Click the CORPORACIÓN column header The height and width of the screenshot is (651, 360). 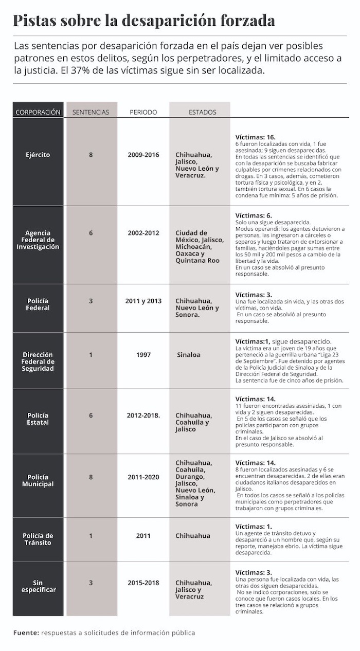pos(38,112)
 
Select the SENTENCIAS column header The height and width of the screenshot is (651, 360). pos(91,112)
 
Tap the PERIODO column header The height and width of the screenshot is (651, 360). pos(143,112)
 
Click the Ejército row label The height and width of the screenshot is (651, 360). pos(38,154)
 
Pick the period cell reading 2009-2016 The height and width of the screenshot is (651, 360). pos(143,154)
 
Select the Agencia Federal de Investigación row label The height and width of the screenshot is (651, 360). pos(38,240)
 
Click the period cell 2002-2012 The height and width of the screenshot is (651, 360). pos(143,233)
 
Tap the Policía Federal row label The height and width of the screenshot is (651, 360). pos(38,304)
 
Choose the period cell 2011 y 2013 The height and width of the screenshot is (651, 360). pos(143,301)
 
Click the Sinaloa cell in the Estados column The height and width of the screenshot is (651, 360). pos(188,355)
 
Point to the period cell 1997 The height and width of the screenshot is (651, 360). pos(143,355)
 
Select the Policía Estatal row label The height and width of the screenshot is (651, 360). pos(38,419)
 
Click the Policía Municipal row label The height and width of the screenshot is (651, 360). pos(38,480)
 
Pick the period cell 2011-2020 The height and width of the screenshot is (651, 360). pos(143,477)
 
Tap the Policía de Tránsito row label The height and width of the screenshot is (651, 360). pos(38,539)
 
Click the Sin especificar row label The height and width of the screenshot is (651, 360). pos(38,586)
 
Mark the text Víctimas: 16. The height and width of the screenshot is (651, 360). pos(256,137)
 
